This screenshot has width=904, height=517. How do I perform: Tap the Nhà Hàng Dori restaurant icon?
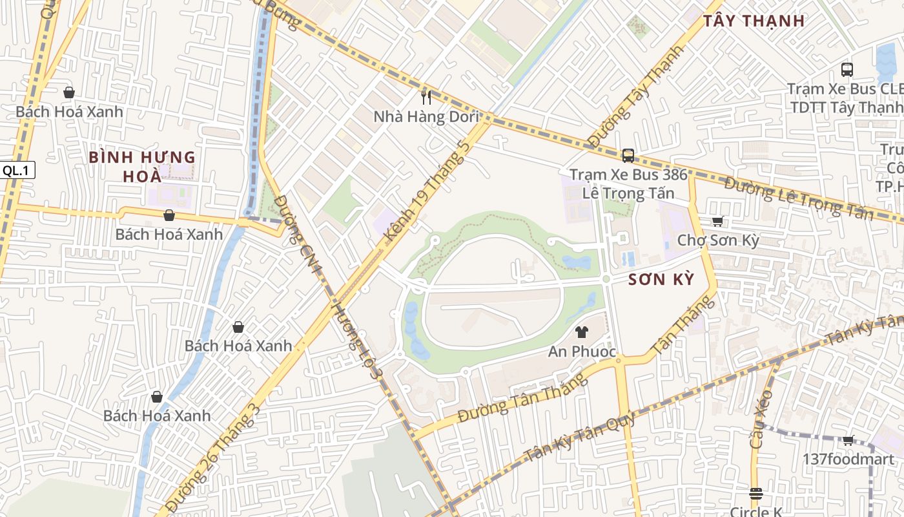pyautogui.click(x=426, y=97)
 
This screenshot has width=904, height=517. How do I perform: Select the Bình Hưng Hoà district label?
pyautogui.click(x=142, y=167)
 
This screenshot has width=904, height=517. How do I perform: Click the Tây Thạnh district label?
pyautogui.click(x=754, y=21)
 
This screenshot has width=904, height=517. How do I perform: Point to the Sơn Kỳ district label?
pyautogui.click(x=661, y=279)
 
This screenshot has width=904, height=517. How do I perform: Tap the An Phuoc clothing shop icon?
pyautogui.click(x=582, y=332)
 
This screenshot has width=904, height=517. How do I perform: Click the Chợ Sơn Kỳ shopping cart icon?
pyautogui.click(x=717, y=221)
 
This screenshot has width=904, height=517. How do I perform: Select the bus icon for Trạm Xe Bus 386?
pyautogui.click(x=628, y=155)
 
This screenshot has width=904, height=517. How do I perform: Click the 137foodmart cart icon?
pyautogui.click(x=848, y=440)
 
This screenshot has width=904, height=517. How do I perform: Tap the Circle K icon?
pyautogui.click(x=756, y=494)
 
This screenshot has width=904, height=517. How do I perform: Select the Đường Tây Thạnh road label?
pyautogui.click(x=635, y=97)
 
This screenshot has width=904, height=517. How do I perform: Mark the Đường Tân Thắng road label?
pyautogui.click(x=523, y=398)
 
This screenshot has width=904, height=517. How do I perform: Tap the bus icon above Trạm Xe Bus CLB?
pyautogui.click(x=847, y=69)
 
